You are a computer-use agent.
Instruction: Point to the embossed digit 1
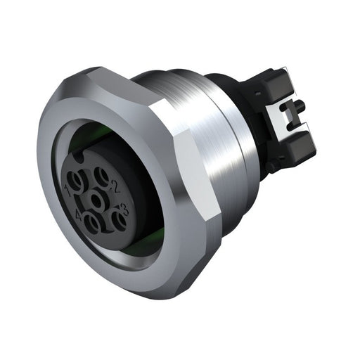(x=67, y=190)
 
